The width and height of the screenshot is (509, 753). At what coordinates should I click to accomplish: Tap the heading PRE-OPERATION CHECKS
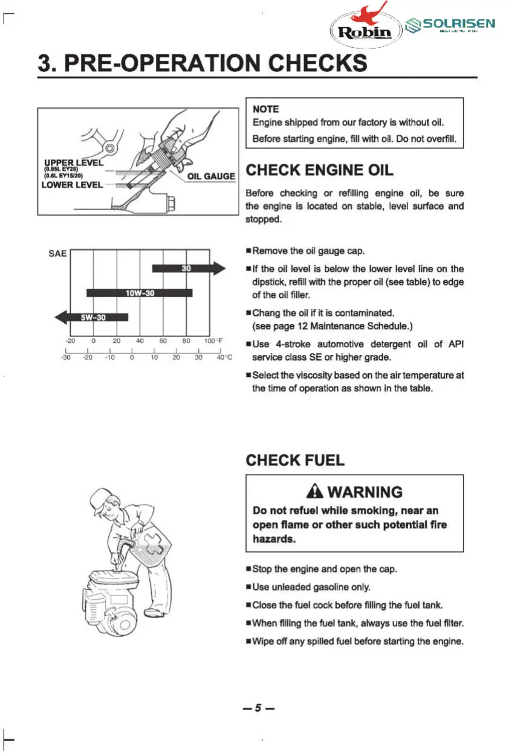[202, 63]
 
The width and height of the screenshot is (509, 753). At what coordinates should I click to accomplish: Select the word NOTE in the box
[265, 109]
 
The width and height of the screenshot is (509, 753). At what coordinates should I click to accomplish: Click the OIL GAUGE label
[211, 176]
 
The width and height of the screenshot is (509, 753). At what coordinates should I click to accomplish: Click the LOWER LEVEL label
[71, 185]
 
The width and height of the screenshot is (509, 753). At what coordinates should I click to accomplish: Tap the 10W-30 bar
[140, 293]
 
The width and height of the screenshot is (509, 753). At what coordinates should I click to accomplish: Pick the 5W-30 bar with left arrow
[91, 317]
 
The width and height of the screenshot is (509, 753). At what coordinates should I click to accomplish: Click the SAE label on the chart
[57, 254]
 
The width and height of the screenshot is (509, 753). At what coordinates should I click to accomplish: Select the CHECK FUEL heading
[295, 460]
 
